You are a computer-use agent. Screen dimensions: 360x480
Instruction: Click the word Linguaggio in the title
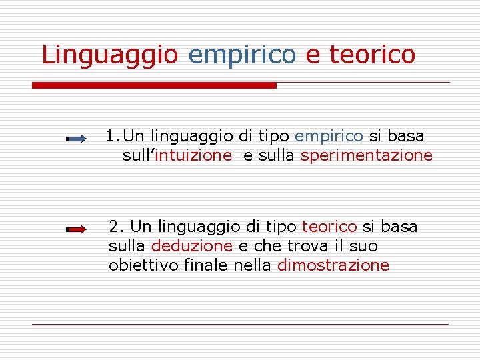coord(109,55)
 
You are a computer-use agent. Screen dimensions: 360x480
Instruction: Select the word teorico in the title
coord(372,55)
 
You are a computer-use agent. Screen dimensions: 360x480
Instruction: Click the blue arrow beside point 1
coord(76,139)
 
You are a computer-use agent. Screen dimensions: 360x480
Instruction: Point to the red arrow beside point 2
coord(76,229)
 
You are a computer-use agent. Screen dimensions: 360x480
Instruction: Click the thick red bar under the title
coord(154,85)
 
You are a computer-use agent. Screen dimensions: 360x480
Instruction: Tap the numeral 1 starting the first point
coord(110,136)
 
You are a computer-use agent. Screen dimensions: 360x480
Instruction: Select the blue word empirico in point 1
coord(329,136)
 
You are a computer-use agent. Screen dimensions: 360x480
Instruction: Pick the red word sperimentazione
coord(367,155)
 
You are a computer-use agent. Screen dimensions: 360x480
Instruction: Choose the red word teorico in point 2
coord(329,227)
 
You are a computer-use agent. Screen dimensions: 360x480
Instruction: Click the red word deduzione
coord(192,246)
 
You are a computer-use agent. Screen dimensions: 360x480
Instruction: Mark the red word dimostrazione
coord(333,265)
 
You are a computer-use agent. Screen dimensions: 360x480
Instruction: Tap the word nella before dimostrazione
coord(253,265)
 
